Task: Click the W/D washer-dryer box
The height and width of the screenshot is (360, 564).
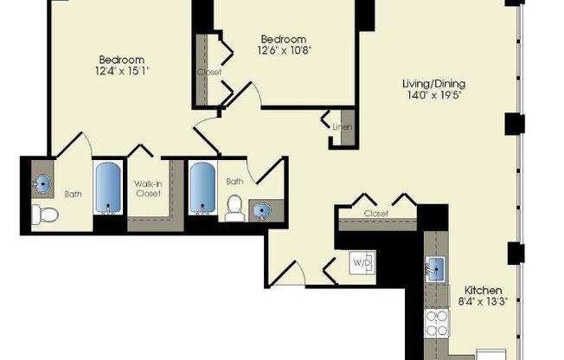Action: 362,261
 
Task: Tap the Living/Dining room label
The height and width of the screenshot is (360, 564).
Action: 433,84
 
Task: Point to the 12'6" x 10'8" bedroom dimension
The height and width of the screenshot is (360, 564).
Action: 284,51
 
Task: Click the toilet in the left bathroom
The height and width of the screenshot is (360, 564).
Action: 42,215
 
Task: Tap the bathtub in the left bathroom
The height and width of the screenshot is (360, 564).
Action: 109,189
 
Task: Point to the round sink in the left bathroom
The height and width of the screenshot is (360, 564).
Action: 42,184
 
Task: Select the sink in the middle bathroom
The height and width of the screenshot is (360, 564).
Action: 260,210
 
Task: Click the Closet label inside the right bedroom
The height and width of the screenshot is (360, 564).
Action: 208,72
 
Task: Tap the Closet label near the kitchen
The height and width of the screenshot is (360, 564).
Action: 375,213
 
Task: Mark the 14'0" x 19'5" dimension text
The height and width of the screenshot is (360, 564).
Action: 433,95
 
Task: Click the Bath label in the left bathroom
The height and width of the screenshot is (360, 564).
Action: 73,193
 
